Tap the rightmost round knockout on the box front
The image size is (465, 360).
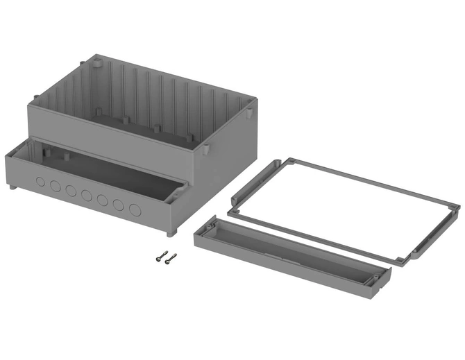[x=135, y=208]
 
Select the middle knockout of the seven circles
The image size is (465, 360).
[x=86, y=196]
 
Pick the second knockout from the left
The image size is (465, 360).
[x=55, y=187]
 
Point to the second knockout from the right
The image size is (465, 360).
[x=119, y=205]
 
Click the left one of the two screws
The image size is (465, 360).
[x=161, y=256]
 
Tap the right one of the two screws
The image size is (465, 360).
[x=171, y=258]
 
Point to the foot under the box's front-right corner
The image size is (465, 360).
[x=180, y=232]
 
